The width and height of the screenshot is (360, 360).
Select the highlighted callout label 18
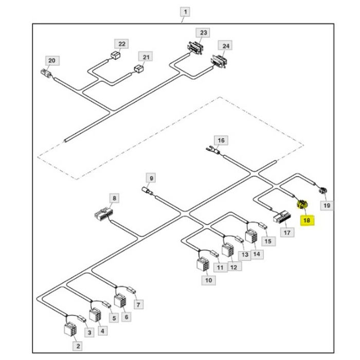(x=308, y=221)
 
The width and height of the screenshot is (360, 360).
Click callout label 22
(x=122, y=44)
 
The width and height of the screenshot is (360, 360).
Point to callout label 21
(x=147, y=57)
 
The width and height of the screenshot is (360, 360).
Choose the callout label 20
(x=51, y=61)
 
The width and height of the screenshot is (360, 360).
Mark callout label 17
(x=287, y=232)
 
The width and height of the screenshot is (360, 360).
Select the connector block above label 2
(x=70, y=329)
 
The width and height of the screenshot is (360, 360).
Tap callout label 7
(x=138, y=304)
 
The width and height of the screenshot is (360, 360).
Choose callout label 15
(x=267, y=240)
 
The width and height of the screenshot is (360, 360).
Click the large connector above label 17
(x=281, y=218)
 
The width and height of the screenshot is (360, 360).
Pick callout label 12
(x=233, y=266)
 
